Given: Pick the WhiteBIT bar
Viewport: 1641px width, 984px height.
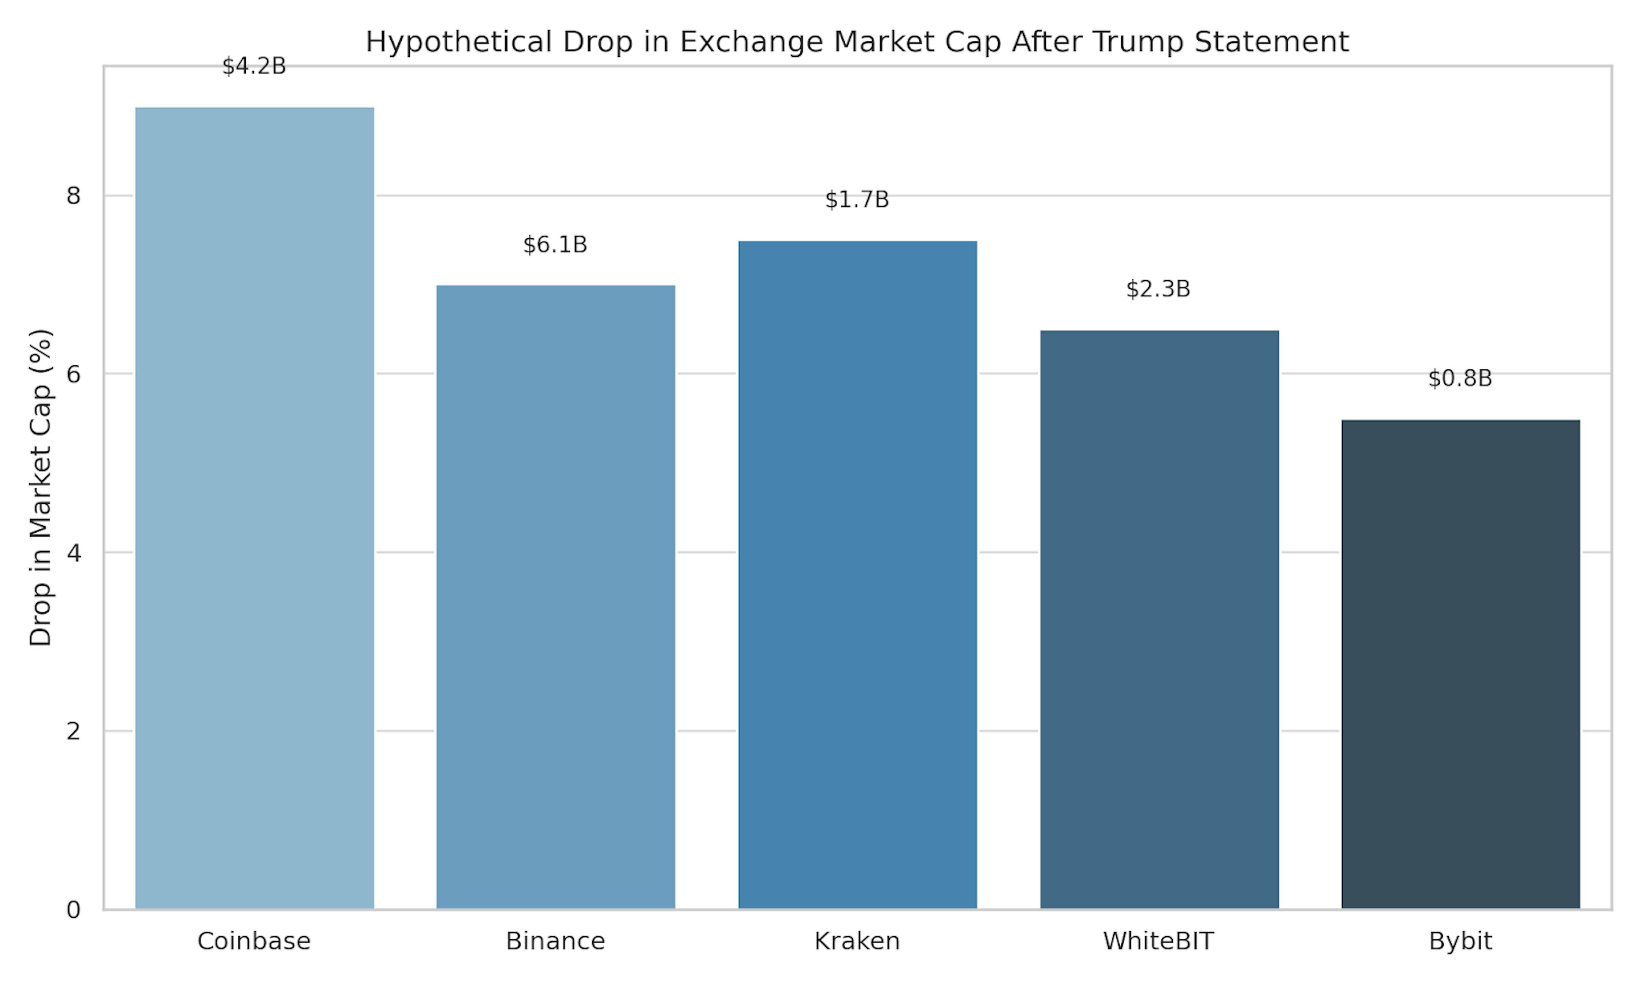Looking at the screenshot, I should pyautogui.click(x=1159, y=619).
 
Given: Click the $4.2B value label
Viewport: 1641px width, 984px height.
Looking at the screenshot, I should pyautogui.click(x=254, y=66).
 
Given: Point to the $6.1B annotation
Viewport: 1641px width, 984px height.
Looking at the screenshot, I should pyautogui.click(x=555, y=245).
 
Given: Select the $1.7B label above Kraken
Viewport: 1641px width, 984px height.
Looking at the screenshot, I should pyautogui.click(x=857, y=199).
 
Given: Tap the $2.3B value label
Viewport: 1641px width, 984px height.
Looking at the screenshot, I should pyautogui.click(x=1158, y=289).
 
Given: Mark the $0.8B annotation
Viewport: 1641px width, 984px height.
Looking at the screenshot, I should pyautogui.click(x=1460, y=379).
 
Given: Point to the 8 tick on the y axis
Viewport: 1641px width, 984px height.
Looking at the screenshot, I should pyautogui.click(x=74, y=196).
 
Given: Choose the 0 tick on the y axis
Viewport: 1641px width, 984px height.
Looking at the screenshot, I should pyautogui.click(x=74, y=910).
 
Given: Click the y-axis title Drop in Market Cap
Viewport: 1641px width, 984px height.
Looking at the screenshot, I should pyautogui.click(x=41, y=487).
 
